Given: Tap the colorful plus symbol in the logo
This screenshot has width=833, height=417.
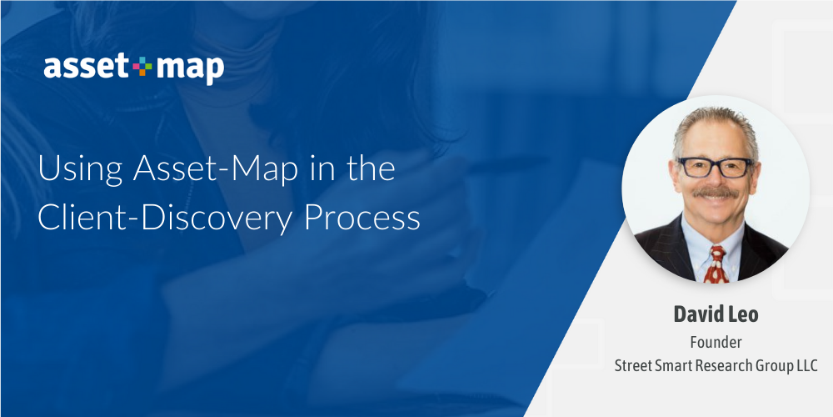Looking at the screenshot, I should point(140,67).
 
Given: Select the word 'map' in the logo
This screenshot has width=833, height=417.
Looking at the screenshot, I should point(188,68).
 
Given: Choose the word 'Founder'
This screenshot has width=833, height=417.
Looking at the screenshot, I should point(716,342).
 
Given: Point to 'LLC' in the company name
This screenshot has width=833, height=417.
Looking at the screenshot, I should point(805,365).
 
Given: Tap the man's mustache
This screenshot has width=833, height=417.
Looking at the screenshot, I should point(715,193).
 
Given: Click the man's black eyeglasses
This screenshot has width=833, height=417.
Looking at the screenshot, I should point(714,167).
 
